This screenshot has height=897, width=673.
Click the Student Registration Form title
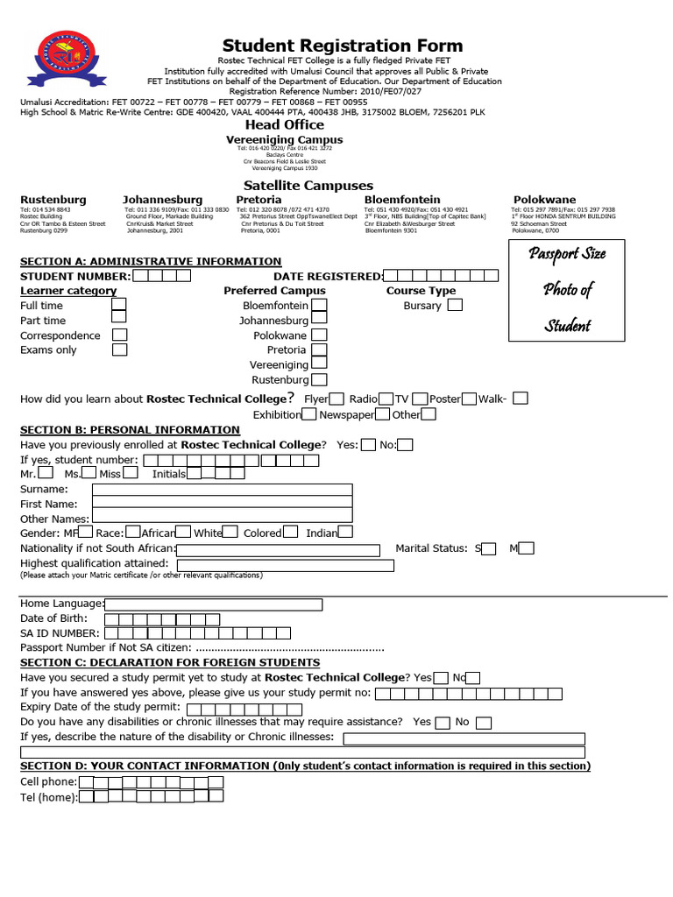click(x=342, y=46)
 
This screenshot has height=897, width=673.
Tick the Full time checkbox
click(x=119, y=306)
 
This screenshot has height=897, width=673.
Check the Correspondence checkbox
click(x=119, y=335)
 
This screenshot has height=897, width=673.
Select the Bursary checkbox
click(x=455, y=306)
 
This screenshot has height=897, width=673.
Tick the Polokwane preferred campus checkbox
click(x=320, y=335)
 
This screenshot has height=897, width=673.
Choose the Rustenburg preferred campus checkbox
click(x=320, y=379)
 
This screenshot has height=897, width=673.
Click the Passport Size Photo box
click(x=567, y=289)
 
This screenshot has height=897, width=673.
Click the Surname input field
click(x=223, y=490)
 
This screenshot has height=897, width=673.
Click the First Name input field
click(x=223, y=504)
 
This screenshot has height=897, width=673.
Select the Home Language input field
click(x=213, y=604)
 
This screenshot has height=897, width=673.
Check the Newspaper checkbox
click(x=383, y=414)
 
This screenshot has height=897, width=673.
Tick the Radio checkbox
click(x=386, y=399)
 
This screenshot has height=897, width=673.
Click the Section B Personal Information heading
click(x=130, y=430)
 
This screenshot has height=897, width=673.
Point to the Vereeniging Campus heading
click(x=285, y=139)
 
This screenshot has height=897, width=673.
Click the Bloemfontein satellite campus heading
click(x=402, y=200)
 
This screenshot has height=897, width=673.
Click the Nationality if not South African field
click(x=279, y=550)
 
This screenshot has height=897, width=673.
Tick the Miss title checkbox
click(x=131, y=473)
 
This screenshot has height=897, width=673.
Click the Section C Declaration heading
click(x=169, y=662)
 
